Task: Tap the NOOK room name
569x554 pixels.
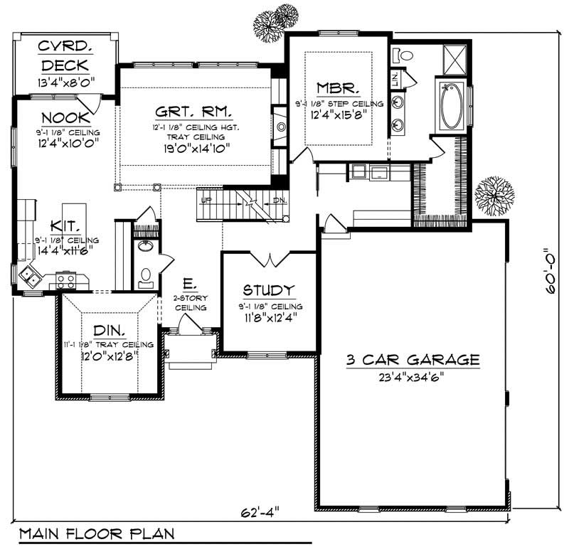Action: pos(65,118)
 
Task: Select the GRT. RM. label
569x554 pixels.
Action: pos(194,112)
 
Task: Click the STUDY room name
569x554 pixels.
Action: pos(268,290)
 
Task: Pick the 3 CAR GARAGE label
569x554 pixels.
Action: pos(413,360)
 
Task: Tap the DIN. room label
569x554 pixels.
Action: pos(109,331)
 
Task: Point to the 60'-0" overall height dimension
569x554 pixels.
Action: pos(548,275)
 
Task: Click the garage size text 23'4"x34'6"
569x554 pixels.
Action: pos(413,378)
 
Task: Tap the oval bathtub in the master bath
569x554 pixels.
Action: pos(451,107)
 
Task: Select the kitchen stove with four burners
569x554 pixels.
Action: pos(66,279)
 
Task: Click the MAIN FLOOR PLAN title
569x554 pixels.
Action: pos(96,533)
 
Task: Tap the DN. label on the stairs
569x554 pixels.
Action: pos(279,200)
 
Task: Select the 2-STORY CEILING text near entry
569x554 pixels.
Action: pos(191,303)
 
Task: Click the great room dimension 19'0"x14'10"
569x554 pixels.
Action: pos(193,150)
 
